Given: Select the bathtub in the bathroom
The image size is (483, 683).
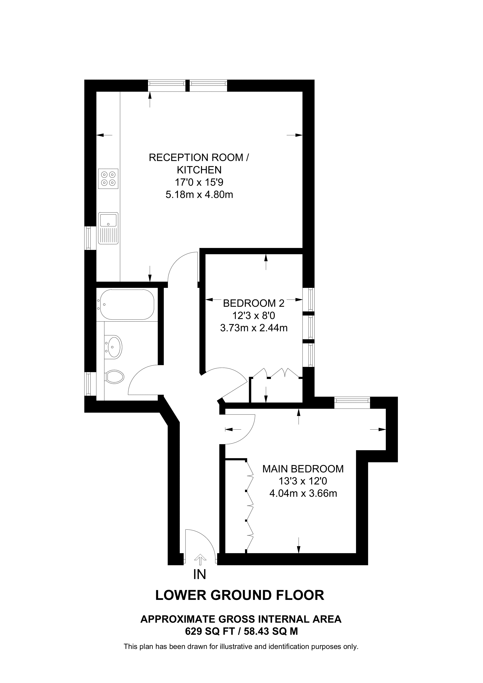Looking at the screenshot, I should (x=127, y=304).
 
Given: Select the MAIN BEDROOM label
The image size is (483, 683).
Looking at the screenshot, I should (x=303, y=469).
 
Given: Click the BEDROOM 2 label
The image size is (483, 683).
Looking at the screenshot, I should (x=254, y=303).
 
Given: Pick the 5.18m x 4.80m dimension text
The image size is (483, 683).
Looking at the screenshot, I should (x=199, y=195).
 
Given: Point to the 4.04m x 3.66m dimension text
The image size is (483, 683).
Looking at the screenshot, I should (x=303, y=493).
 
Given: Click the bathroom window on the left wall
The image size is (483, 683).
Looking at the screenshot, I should (x=88, y=384).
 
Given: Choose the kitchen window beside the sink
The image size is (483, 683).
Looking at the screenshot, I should (x=88, y=238).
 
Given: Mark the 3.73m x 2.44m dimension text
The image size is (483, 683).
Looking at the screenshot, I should (x=254, y=328).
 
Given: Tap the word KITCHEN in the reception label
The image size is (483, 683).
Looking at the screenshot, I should (x=199, y=170).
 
